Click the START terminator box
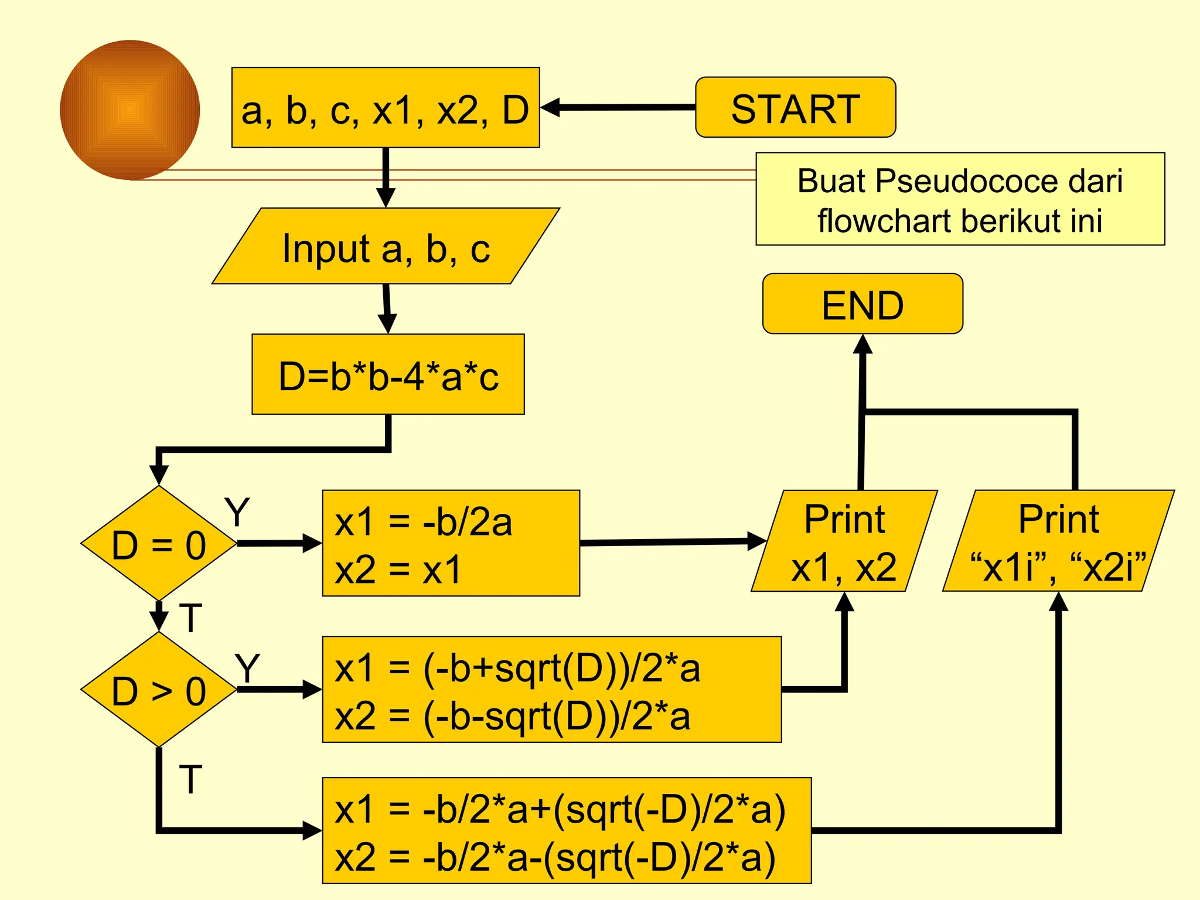[795, 107]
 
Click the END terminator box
[862, 304]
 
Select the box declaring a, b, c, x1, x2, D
[385, 107]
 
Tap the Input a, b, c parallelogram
[386, 246]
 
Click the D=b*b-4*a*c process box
[388, 374]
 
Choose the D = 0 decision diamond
[158, 543]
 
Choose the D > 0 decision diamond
[158, 689]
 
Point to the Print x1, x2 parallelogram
[844, 541]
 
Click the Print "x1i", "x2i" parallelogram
[1058, 541]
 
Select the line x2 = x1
[398, 569]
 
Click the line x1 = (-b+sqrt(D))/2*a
[517, 668]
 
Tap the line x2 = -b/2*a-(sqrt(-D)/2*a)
[554, 857]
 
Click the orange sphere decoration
[130, 110]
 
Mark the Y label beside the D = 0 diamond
[237, 512]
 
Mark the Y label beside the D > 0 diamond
[247, 668]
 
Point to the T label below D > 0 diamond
[190, 779]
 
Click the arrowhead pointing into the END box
[863, 345]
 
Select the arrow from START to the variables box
[618, 107]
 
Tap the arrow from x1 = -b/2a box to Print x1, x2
[674, 542]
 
